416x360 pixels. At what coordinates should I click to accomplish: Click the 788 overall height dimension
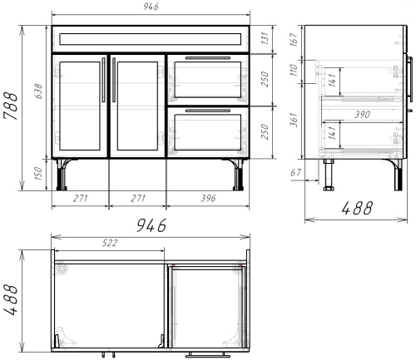(x=11, y=106)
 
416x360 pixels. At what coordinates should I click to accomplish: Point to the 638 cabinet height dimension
(x=38, y=91)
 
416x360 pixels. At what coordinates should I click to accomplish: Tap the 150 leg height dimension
(x=38, y=174)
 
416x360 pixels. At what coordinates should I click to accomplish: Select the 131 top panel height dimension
(x=265, y=38)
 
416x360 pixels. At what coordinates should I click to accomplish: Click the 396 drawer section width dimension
(x=209, y=198)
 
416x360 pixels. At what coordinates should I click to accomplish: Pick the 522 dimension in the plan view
(x=110, y=243)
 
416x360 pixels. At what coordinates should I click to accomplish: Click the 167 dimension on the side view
(x=295, y=39)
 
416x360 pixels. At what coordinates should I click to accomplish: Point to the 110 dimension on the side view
(x=294, y=70)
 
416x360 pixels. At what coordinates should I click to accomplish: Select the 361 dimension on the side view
(x=295, y=120)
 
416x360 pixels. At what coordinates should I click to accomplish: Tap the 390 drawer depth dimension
(x=362, y=115)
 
